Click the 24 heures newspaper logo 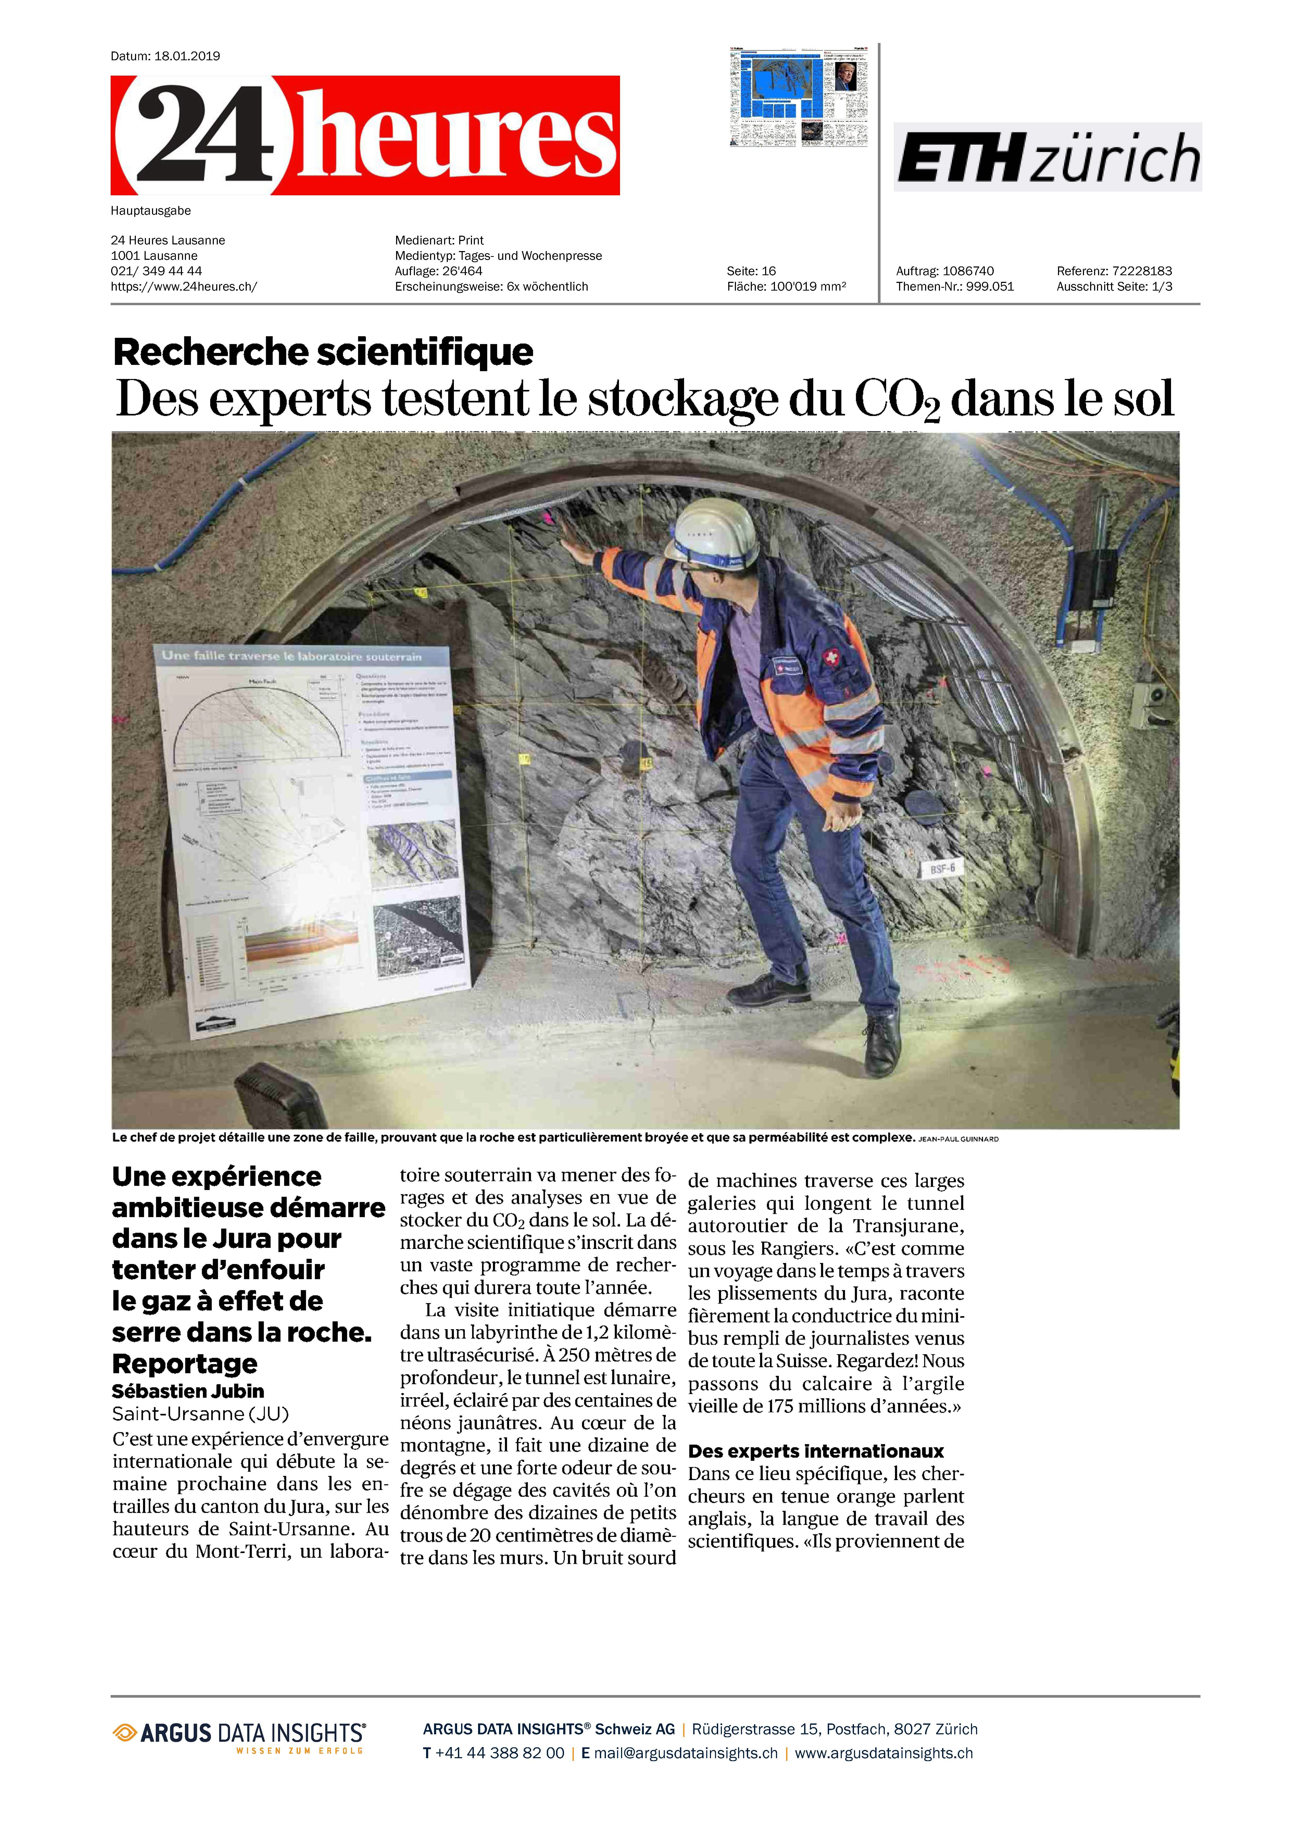(x=365, y=135)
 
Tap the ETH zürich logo (x=1047, y=158)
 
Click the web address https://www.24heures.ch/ (x=184, y=287)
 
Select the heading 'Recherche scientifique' (x=323, y=351)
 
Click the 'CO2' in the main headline (x=897, y=400)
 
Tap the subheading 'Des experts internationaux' (x=816, y=1451)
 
